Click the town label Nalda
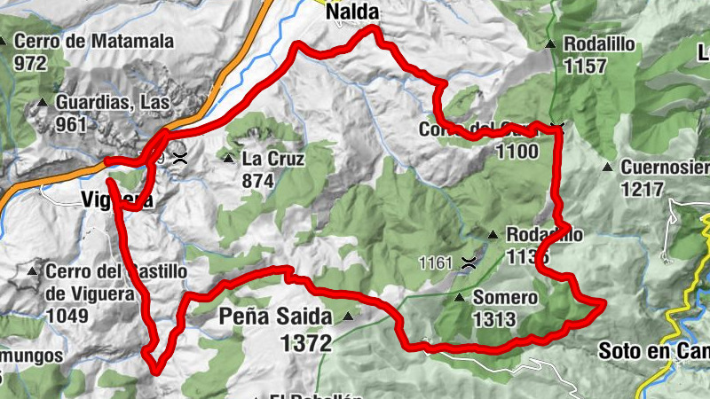[352, 12]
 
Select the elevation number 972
[30, 63]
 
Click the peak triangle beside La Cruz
[228, 160]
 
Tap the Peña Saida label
[275, 316]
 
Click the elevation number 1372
[306, 341]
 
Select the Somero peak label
[505, 298]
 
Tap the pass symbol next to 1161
[468, 262]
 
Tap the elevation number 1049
[67, 316]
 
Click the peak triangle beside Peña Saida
[348, 316]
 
